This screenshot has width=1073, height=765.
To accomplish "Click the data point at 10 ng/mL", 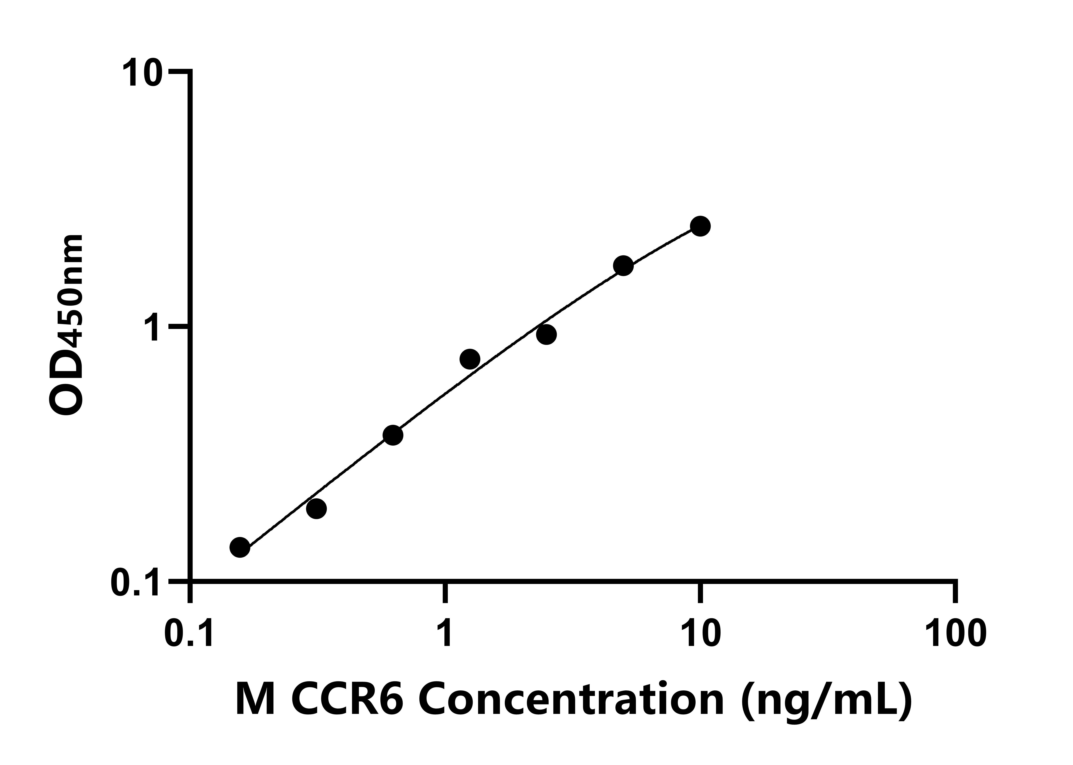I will [x=700, y=226].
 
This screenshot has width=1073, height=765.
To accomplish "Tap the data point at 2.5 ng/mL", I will [x=546, y=334].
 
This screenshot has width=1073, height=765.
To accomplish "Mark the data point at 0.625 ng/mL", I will [x=393, y=435].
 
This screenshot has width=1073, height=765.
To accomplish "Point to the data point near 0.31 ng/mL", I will [x=316, y=509].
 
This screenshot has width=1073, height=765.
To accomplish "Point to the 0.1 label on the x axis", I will [x=190, y=634].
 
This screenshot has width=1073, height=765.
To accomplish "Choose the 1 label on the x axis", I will [x=444, y=634].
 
